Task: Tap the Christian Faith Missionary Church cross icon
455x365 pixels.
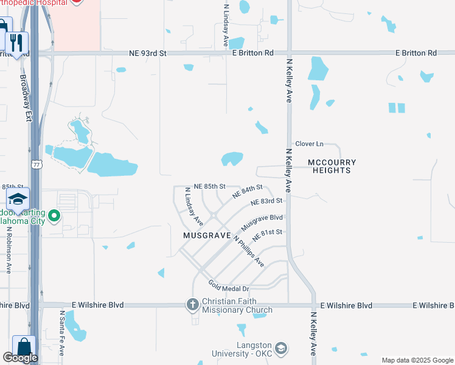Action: click(x=192, y=304)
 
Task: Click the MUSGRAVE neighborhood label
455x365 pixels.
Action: click(x=207, y=235)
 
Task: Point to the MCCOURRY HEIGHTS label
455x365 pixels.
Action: click(x=332, y=166)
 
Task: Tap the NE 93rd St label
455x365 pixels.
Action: click(x=148, y=54)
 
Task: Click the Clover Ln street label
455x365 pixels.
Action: click(x=309, y=144)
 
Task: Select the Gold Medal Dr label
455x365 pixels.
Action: click(x=229, y=285)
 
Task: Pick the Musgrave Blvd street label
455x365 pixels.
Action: click(x=262, y=221)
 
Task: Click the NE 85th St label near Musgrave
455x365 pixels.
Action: click(x=209, y=186)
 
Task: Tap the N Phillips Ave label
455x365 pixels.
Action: click(x=250, y=251)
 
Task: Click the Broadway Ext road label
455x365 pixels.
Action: click(x=25, y=97)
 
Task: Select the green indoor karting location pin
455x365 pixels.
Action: click(x=54, y=215)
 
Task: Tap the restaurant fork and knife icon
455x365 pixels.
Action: click(x=16, y=43)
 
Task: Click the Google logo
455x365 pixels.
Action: click(x=20, y=358)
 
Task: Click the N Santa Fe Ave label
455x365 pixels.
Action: click(x=62, y=333)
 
